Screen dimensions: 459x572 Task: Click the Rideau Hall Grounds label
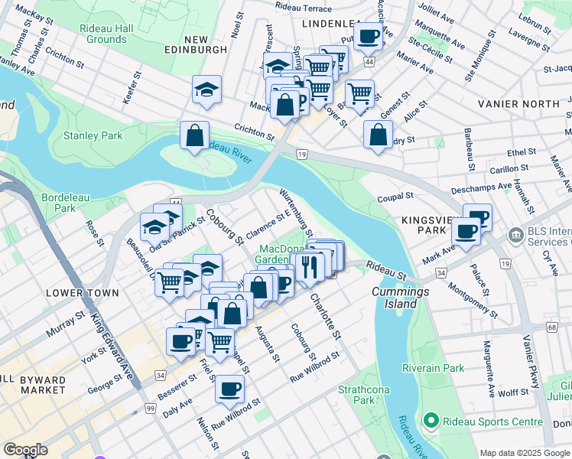coord(106,34)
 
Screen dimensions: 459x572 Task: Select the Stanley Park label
coord(93,136)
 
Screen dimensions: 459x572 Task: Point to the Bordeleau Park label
coord(65,203)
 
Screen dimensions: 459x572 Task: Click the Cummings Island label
coord(395,298)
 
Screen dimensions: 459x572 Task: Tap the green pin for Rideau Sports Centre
coord(431,420)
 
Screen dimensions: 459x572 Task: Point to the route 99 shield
coord(151,411)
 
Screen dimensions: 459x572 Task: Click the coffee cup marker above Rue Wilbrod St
coord(229,389)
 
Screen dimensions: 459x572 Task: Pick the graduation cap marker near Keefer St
coord(206,90)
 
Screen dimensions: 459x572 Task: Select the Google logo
coord(26,450)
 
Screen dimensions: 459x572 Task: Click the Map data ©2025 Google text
coord(524,453)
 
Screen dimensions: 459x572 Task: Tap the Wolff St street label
coord(513,392)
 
